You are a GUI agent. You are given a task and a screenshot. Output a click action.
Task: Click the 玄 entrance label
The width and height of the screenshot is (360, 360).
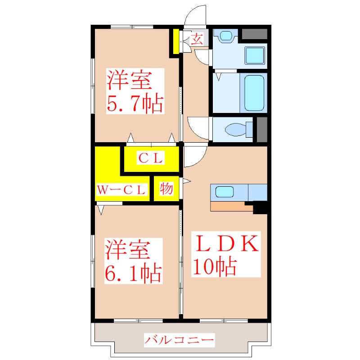click(x=197, y=39)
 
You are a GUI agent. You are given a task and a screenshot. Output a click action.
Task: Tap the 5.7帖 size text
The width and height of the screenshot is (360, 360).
click(x=135, y=103)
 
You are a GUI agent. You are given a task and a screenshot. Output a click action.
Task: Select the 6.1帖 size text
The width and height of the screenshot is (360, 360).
click(x=133, y=274)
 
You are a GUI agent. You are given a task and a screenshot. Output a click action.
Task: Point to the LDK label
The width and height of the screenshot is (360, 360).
click(x=226, y=243)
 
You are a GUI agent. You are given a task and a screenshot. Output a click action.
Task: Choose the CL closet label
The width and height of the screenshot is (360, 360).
click(x=151, y=158)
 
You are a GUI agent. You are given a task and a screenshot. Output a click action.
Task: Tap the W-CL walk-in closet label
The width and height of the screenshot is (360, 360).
click(x=121, y=190)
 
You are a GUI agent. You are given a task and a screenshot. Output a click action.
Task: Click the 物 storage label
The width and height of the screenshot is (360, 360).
click(x=166, y=189)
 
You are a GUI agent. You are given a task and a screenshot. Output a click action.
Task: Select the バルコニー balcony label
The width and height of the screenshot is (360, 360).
click(x=179, y=340)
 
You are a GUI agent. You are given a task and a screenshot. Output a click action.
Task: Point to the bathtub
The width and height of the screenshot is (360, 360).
click(x=254, y=93)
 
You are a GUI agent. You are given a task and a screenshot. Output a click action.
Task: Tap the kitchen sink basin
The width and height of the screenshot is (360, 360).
click(x=224, y=192)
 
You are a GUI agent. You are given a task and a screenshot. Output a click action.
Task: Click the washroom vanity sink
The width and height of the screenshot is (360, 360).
click(x=226, y=36)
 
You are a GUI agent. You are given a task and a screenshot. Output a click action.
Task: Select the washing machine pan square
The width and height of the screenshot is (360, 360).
click(x=255, y=55)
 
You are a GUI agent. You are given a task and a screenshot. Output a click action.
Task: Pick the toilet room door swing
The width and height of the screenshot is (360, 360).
click(x=198, y=128)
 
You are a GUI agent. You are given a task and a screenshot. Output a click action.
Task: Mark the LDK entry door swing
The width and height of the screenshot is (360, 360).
click(x=195, y=156)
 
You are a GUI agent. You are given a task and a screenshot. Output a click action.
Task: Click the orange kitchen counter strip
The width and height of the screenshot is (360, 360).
click(x=231, y=207)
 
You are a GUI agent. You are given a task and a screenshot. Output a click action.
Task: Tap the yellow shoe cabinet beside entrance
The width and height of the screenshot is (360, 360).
click(x=176, y=41)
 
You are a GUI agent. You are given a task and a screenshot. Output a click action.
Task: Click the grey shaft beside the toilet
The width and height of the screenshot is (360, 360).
click(x=262, y=130)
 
